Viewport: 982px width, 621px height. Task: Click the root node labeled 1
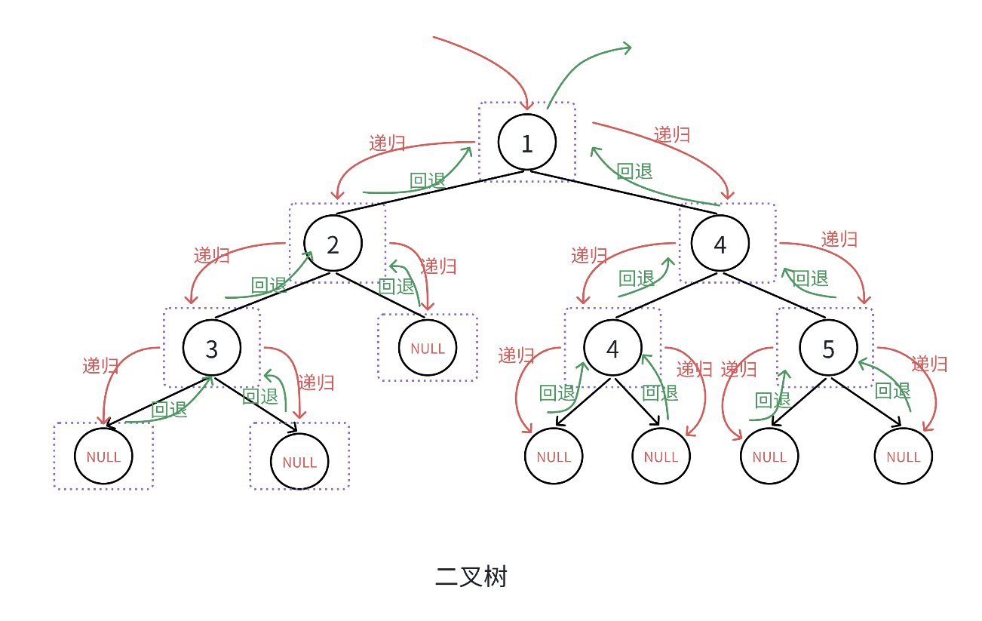(x=527, y=143)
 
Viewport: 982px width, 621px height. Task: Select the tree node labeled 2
(x=333, y=244)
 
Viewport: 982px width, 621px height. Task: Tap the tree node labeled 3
(x=212, y=348)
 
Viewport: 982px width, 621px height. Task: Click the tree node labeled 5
(x=828, y=349)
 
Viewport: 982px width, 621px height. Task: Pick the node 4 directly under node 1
(x=720, y=244)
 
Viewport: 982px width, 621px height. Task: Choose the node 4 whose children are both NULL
(x=612, y=349)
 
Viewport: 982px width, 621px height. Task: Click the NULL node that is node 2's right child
(x=428, y=348)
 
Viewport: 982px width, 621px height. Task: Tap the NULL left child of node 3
(x=103, y=457)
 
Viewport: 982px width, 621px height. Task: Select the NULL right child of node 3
(x=299, y=462)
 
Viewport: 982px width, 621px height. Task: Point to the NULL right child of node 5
(x=903, y=457)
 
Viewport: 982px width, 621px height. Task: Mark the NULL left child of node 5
(x=769, y=457)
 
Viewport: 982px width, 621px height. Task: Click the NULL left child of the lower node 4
(x=554, y=457)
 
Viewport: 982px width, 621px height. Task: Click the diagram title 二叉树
(x=471, y=577)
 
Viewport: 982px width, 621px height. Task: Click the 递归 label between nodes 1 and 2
(x=387, y=143)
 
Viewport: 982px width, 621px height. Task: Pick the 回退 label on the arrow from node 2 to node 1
(x=428, y=180)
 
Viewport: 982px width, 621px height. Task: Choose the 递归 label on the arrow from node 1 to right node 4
(x=672, y=134)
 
